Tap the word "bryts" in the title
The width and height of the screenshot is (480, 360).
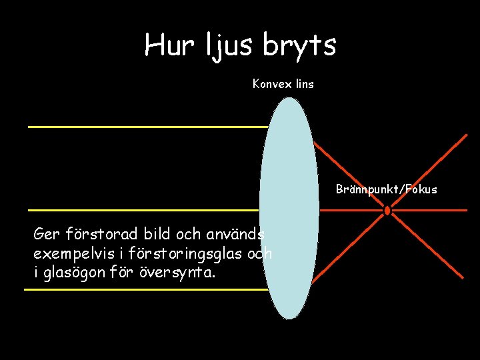click(x=299, y=45)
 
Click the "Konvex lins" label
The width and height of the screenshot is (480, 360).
click(x=283, y=84)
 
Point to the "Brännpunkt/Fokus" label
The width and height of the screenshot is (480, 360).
click(x=387, y=189)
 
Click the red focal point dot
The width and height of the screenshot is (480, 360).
click(x=387, y=210)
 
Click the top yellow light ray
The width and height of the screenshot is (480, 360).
click(x=147, y=126)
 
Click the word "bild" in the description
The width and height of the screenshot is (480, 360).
click(x=154, y=235)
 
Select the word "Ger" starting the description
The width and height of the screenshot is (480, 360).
click(x=46, y=235)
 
